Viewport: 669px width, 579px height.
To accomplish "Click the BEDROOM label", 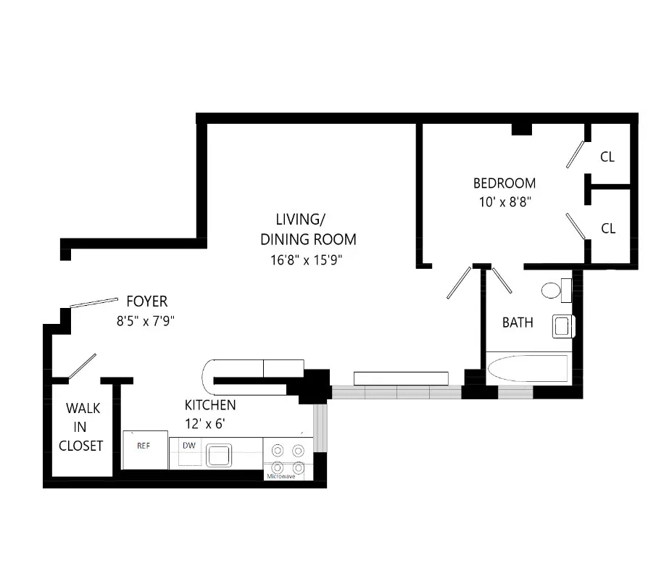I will [504, 183].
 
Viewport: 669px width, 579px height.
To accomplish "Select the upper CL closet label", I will [607, 157].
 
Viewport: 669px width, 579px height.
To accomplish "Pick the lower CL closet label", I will [607, 228].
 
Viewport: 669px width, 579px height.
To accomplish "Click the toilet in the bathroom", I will [554, 291].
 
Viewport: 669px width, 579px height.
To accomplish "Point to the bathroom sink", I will [563, 326].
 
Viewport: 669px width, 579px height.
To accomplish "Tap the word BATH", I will [518, 322].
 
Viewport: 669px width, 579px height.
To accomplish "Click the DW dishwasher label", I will [188, 445].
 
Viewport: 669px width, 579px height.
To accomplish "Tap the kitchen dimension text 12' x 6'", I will [204, 425].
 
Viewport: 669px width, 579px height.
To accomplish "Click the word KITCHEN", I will [209, 406].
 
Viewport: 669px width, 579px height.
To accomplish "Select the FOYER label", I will [146, 301].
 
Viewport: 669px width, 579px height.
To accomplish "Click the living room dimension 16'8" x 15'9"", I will [302, 259].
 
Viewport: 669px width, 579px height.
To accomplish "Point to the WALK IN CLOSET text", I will [81, 428].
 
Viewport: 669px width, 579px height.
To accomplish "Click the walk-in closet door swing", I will [82, 366].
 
